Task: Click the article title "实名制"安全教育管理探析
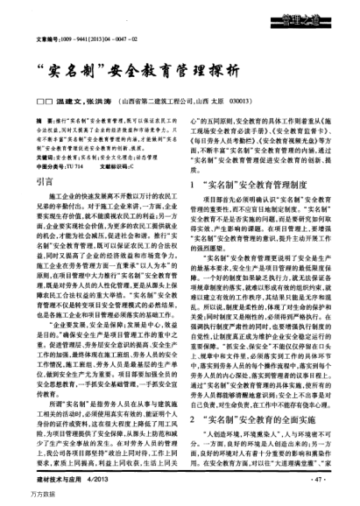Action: (180, 71)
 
